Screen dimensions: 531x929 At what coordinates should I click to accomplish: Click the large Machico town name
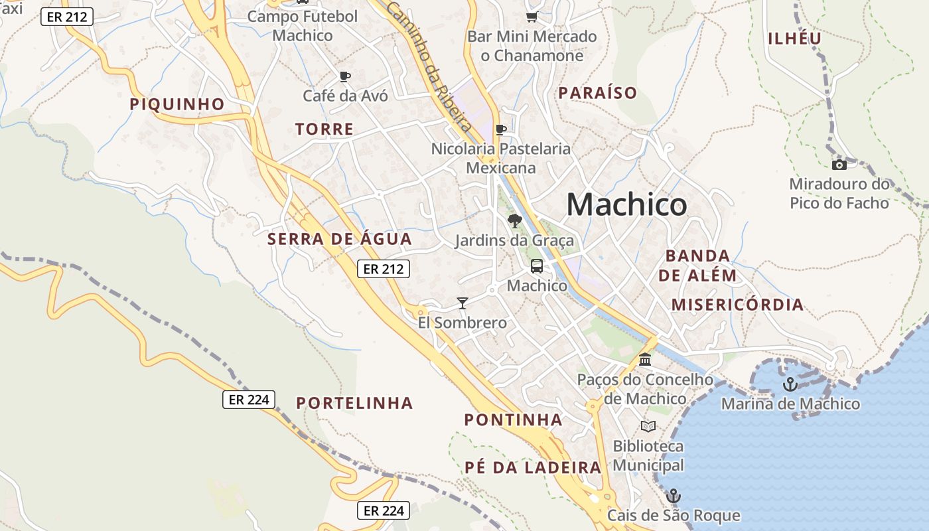(626, 204)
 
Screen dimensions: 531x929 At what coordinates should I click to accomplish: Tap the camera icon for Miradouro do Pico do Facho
(839, 165)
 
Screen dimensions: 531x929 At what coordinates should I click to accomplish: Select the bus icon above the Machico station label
(537, 266)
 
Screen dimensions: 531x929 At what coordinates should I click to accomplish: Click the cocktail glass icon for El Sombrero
(463, 303)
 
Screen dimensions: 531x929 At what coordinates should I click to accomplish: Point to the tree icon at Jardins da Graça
(514, 221)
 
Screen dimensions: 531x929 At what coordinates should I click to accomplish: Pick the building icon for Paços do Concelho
(645, 360)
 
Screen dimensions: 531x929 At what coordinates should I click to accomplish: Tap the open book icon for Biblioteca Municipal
(648, 426)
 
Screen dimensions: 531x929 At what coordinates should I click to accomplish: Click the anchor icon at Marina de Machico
(790, 384)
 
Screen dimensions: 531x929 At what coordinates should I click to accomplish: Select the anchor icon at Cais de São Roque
(674, 496)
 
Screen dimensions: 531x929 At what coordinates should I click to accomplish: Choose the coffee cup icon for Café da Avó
(345, 76)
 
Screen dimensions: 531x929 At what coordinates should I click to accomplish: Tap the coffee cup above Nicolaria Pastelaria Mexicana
(501, 129)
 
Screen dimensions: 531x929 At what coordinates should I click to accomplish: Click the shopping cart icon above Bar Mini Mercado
(532, 17)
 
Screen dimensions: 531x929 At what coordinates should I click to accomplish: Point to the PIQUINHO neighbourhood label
(177, 104)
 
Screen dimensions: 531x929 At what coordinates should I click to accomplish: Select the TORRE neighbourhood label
(324, 129)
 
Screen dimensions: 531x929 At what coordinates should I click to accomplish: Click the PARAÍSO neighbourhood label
(597, 93)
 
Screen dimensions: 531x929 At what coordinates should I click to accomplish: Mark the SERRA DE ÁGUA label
(340, 239)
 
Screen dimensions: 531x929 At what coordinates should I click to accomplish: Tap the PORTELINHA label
(354, 403)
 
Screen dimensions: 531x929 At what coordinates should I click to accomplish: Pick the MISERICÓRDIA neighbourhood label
(737, 305)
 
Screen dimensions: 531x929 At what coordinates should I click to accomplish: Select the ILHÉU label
(795, 38)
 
